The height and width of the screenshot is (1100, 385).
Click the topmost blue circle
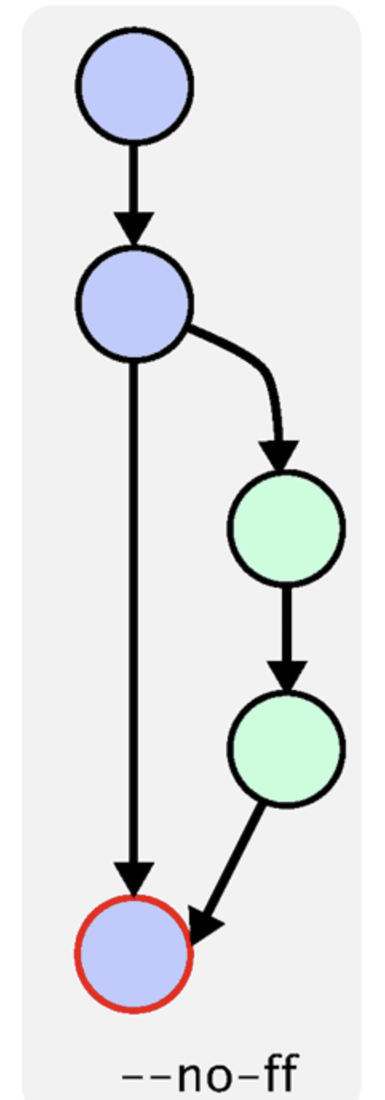(134, 86)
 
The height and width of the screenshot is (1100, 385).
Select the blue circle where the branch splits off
(134, 304)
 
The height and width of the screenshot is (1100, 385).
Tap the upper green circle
(286, 528)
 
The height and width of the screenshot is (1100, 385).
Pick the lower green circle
(286, 748)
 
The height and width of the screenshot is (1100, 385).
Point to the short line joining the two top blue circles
(134, 179)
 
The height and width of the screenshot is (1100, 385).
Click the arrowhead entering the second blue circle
(134, 229)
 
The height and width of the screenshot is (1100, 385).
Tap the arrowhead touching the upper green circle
(279, 456)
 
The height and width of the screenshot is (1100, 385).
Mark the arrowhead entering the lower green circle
(288, 676)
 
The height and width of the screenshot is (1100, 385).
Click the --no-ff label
(210, 1075)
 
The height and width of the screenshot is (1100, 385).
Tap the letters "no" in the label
(204, 1077)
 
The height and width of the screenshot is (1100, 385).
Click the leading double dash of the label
(146, 1078)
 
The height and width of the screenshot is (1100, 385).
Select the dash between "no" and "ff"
(247, 1078)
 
